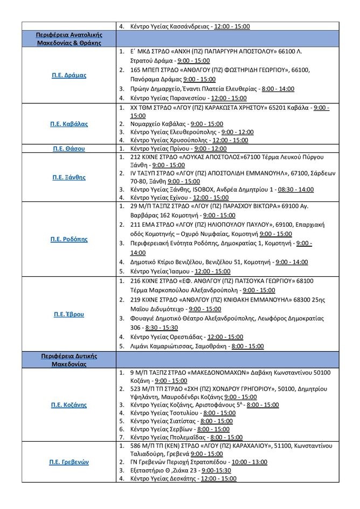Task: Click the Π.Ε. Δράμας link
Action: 69,75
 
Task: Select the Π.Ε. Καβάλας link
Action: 69,124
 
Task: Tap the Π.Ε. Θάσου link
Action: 69,148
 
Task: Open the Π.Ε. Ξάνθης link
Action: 69,177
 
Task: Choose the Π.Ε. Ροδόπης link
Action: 69,239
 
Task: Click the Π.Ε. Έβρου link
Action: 69,313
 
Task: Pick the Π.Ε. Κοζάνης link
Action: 69,405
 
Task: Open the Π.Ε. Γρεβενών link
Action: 69,462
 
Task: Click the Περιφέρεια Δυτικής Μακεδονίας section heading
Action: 69,360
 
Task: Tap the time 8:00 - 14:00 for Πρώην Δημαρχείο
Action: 277,88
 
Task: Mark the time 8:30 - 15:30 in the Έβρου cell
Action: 161,327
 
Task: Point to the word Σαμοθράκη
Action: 211,346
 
